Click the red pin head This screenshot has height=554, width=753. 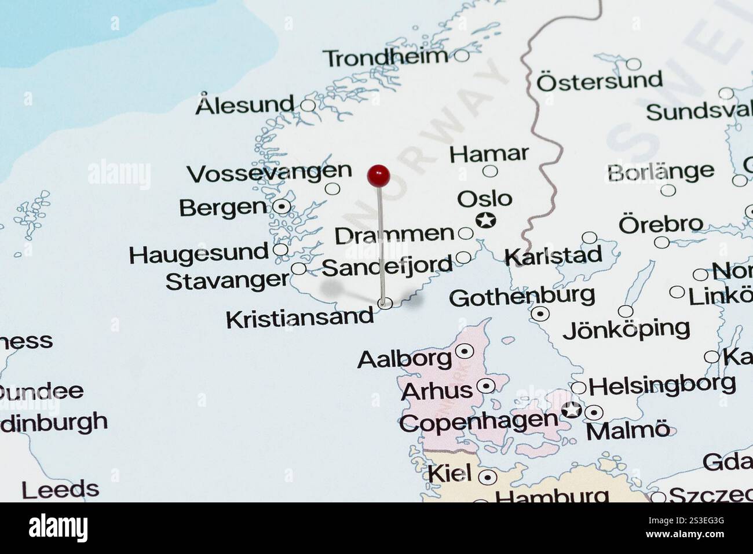pyautogui.click(x=378, y=175)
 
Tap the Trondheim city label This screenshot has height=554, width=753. pyautogui.click(x=385, y=57)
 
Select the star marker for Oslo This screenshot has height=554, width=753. pyautogui.click(x=485, y=220)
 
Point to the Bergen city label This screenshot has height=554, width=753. pyautogui.click(x=222, y=207)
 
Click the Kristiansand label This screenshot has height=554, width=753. pyautogui.click(x=299, y=318)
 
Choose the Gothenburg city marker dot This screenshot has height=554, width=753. pyautogui.click(x=540, y=314)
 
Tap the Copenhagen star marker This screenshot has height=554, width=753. pyautogui.click(x=572, y=409)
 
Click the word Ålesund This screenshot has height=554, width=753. pyautogui.click(x=245, y=105)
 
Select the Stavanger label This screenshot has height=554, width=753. pyautogui.click(x=227, y=281)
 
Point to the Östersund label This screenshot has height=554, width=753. pyautogui.click(x=599, y=81)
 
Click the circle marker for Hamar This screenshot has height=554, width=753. pyautogui.click(x=490, y=171)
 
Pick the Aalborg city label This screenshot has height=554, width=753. pyautogui.click(x=404, y=359)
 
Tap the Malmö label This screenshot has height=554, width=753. pyautogui.click(x=628, y=431)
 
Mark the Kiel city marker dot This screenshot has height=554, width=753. pyautogui.click(x=488, y=478)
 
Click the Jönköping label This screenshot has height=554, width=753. pyautogui.click(x=626, y=329)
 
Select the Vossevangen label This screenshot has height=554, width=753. pyautogui.click(x=269, y=172)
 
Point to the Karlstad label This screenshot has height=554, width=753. pyautogui.click(x=553, y=256)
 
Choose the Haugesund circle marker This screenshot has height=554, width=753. pyautogui.click(x=280, y=250)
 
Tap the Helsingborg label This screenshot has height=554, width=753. pyautogui.click(x=662, y=385)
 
